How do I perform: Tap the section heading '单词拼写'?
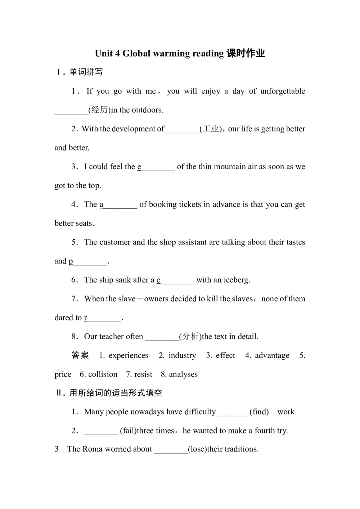[x=86, y=72]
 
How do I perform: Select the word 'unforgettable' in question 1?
[x=283, y=91]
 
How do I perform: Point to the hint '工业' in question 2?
[x=211, y=129]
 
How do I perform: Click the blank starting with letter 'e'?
[x=156, y=167]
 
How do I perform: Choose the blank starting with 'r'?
[x=103, y=318]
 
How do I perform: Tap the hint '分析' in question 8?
[x=191, y=337]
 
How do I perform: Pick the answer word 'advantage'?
[x=272, y=356]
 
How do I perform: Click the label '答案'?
[x=80, y=356]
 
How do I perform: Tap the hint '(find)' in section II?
[x=259, y=412]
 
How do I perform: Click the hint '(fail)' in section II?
[x=128, y=431]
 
